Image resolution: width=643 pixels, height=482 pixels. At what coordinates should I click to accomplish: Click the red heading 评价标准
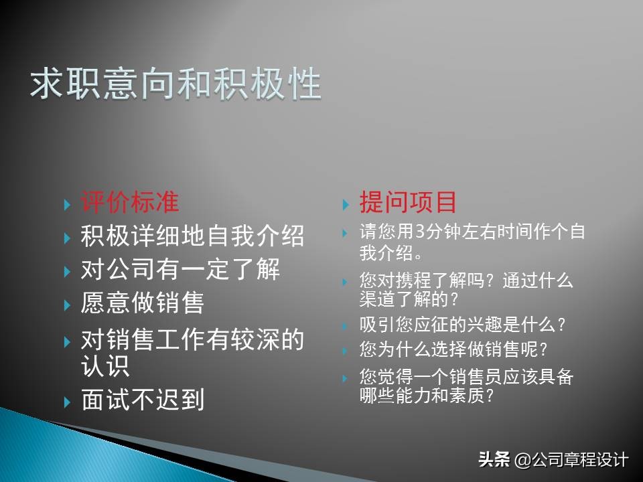pos(130,202)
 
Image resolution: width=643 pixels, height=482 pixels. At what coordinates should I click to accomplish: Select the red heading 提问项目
pos(408,202)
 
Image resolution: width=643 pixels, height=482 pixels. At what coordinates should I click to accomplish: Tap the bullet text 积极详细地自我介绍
pos(192,236)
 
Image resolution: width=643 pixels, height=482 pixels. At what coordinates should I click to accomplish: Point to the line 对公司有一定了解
pos(180,270)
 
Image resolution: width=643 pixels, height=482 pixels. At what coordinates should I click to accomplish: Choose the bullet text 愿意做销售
pos(142,303)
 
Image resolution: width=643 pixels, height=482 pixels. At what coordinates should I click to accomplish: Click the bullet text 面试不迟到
pos(142,400)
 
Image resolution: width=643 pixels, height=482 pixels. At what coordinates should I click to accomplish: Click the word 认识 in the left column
pos(105,366)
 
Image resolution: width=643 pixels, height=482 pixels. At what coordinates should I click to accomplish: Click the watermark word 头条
pos(494,460)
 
